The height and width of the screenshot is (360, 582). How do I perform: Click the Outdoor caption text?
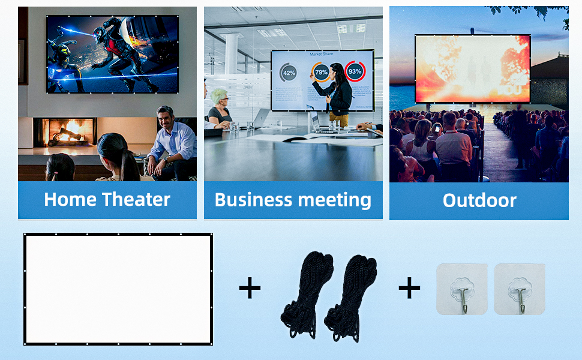coord(479,200)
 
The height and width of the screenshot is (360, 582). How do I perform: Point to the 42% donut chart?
coord(289,73)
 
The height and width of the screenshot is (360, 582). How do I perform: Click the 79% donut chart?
coord(321,73)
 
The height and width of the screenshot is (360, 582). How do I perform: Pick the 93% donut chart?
coord(355,71)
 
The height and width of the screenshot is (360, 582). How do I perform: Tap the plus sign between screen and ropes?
coord(250,289)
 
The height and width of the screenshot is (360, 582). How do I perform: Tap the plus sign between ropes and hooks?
coord(409,289)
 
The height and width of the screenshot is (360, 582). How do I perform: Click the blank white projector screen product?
coord(118,289)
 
